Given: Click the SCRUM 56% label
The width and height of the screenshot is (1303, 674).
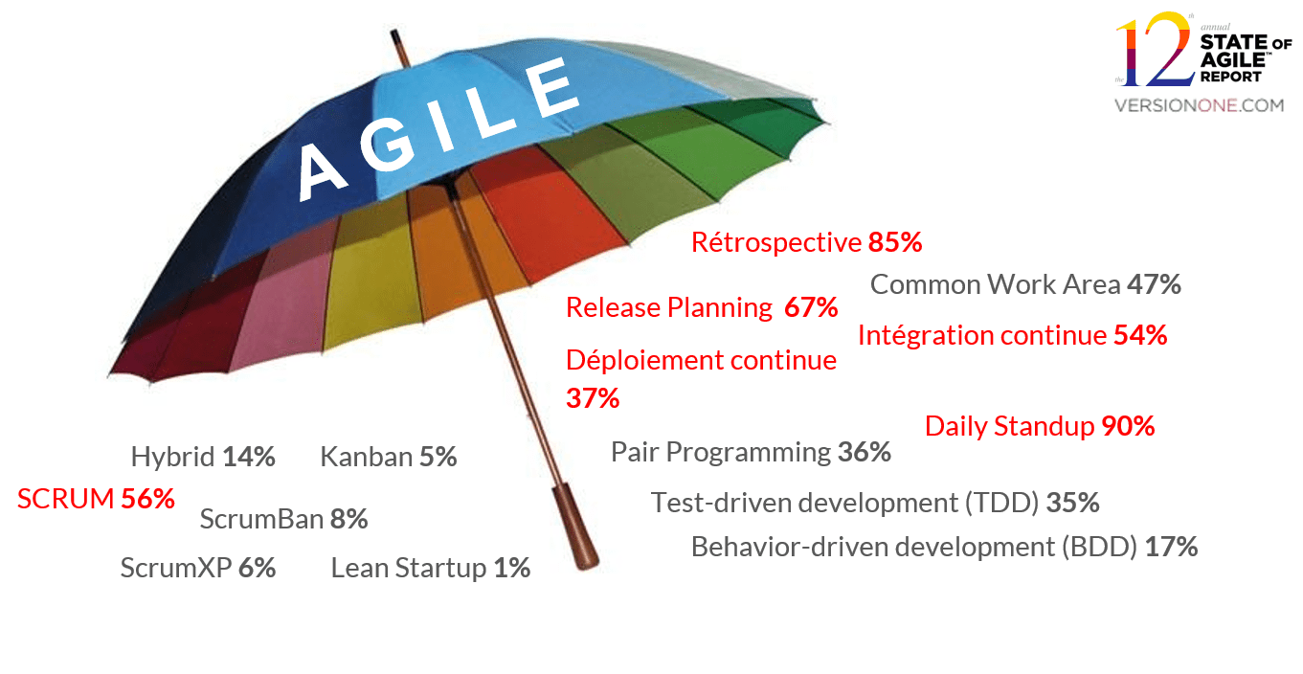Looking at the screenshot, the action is (x=96, y=499).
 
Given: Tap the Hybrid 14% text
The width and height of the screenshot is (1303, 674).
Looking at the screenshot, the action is (x=203, y=457).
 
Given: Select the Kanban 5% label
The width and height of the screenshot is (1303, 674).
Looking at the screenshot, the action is (x=389, y=457).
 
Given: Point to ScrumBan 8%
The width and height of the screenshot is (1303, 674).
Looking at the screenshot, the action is (x=284, y=519).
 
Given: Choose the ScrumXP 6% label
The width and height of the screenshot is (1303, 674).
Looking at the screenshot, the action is (x=198, y=568).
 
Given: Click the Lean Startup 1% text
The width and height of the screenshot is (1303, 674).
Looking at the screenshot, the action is (x=431, y=568).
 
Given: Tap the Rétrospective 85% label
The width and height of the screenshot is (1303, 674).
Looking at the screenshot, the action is (x=807, y=242).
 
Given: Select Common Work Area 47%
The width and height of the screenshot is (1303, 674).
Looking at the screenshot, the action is (x=1025, y=285).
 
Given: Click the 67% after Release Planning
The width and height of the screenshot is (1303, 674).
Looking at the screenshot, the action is (x=811, y=307).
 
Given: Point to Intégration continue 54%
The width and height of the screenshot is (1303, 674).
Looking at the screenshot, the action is (x=1013, y=335).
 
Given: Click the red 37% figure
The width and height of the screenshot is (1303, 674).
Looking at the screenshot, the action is (x=593, y=398).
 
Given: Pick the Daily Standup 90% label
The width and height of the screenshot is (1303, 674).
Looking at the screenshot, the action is (x=1040, y=426).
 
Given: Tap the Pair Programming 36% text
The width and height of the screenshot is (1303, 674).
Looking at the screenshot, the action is (x=751, y=453).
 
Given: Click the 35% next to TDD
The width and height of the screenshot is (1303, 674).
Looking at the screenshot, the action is (x=1072, y=503).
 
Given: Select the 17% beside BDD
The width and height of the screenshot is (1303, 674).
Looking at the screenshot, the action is (x=1172, y=548).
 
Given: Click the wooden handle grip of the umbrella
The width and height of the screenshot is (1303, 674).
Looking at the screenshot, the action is (x=575, y=527).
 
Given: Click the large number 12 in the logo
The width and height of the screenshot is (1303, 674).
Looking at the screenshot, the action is (x=1156, y=49).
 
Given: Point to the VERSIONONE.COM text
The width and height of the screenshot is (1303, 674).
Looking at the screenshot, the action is (x=1199, y=105).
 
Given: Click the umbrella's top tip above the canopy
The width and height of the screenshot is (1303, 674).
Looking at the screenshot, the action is (x=393, y=32).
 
